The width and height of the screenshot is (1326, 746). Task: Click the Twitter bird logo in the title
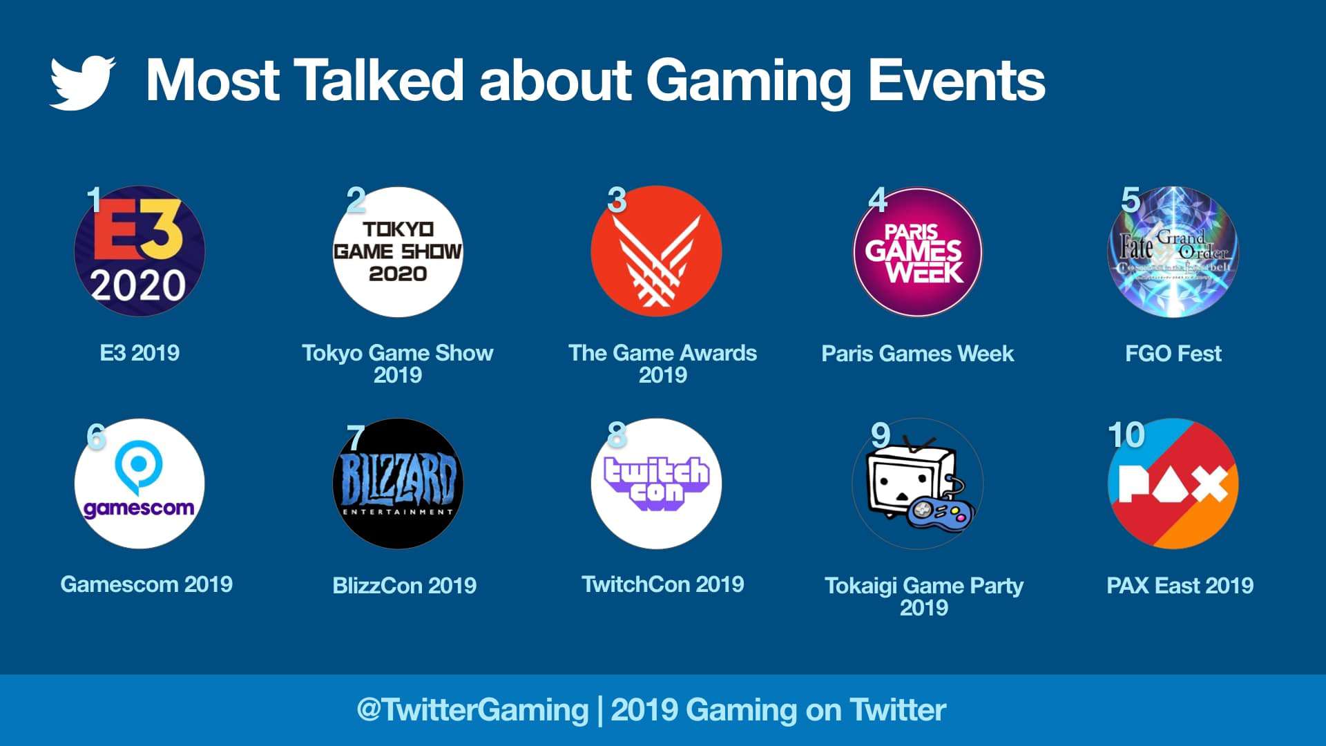82,82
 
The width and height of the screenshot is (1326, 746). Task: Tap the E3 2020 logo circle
140,251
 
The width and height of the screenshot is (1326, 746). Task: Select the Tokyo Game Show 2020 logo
398,252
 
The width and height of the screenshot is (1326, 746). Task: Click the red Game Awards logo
656,251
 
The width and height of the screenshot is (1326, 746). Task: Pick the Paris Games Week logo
917,252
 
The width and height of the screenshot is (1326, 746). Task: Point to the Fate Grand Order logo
1173,252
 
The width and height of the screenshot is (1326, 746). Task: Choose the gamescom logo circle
140,484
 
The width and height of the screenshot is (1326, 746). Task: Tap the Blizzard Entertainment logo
398,484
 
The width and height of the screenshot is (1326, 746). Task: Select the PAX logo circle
1173,484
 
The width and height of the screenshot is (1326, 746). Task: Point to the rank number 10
1126,435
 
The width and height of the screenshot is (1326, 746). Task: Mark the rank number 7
355,437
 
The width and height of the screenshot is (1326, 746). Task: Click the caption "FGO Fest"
1173,354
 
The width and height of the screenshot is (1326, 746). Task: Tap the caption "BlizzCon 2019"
404,586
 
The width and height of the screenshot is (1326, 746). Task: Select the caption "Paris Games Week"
917,354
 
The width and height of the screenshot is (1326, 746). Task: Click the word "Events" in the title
956,80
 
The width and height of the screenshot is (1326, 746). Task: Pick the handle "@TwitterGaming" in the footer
472,710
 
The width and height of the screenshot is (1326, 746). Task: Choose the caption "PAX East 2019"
1180,586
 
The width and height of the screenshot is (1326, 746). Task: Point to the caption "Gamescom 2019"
146,584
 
